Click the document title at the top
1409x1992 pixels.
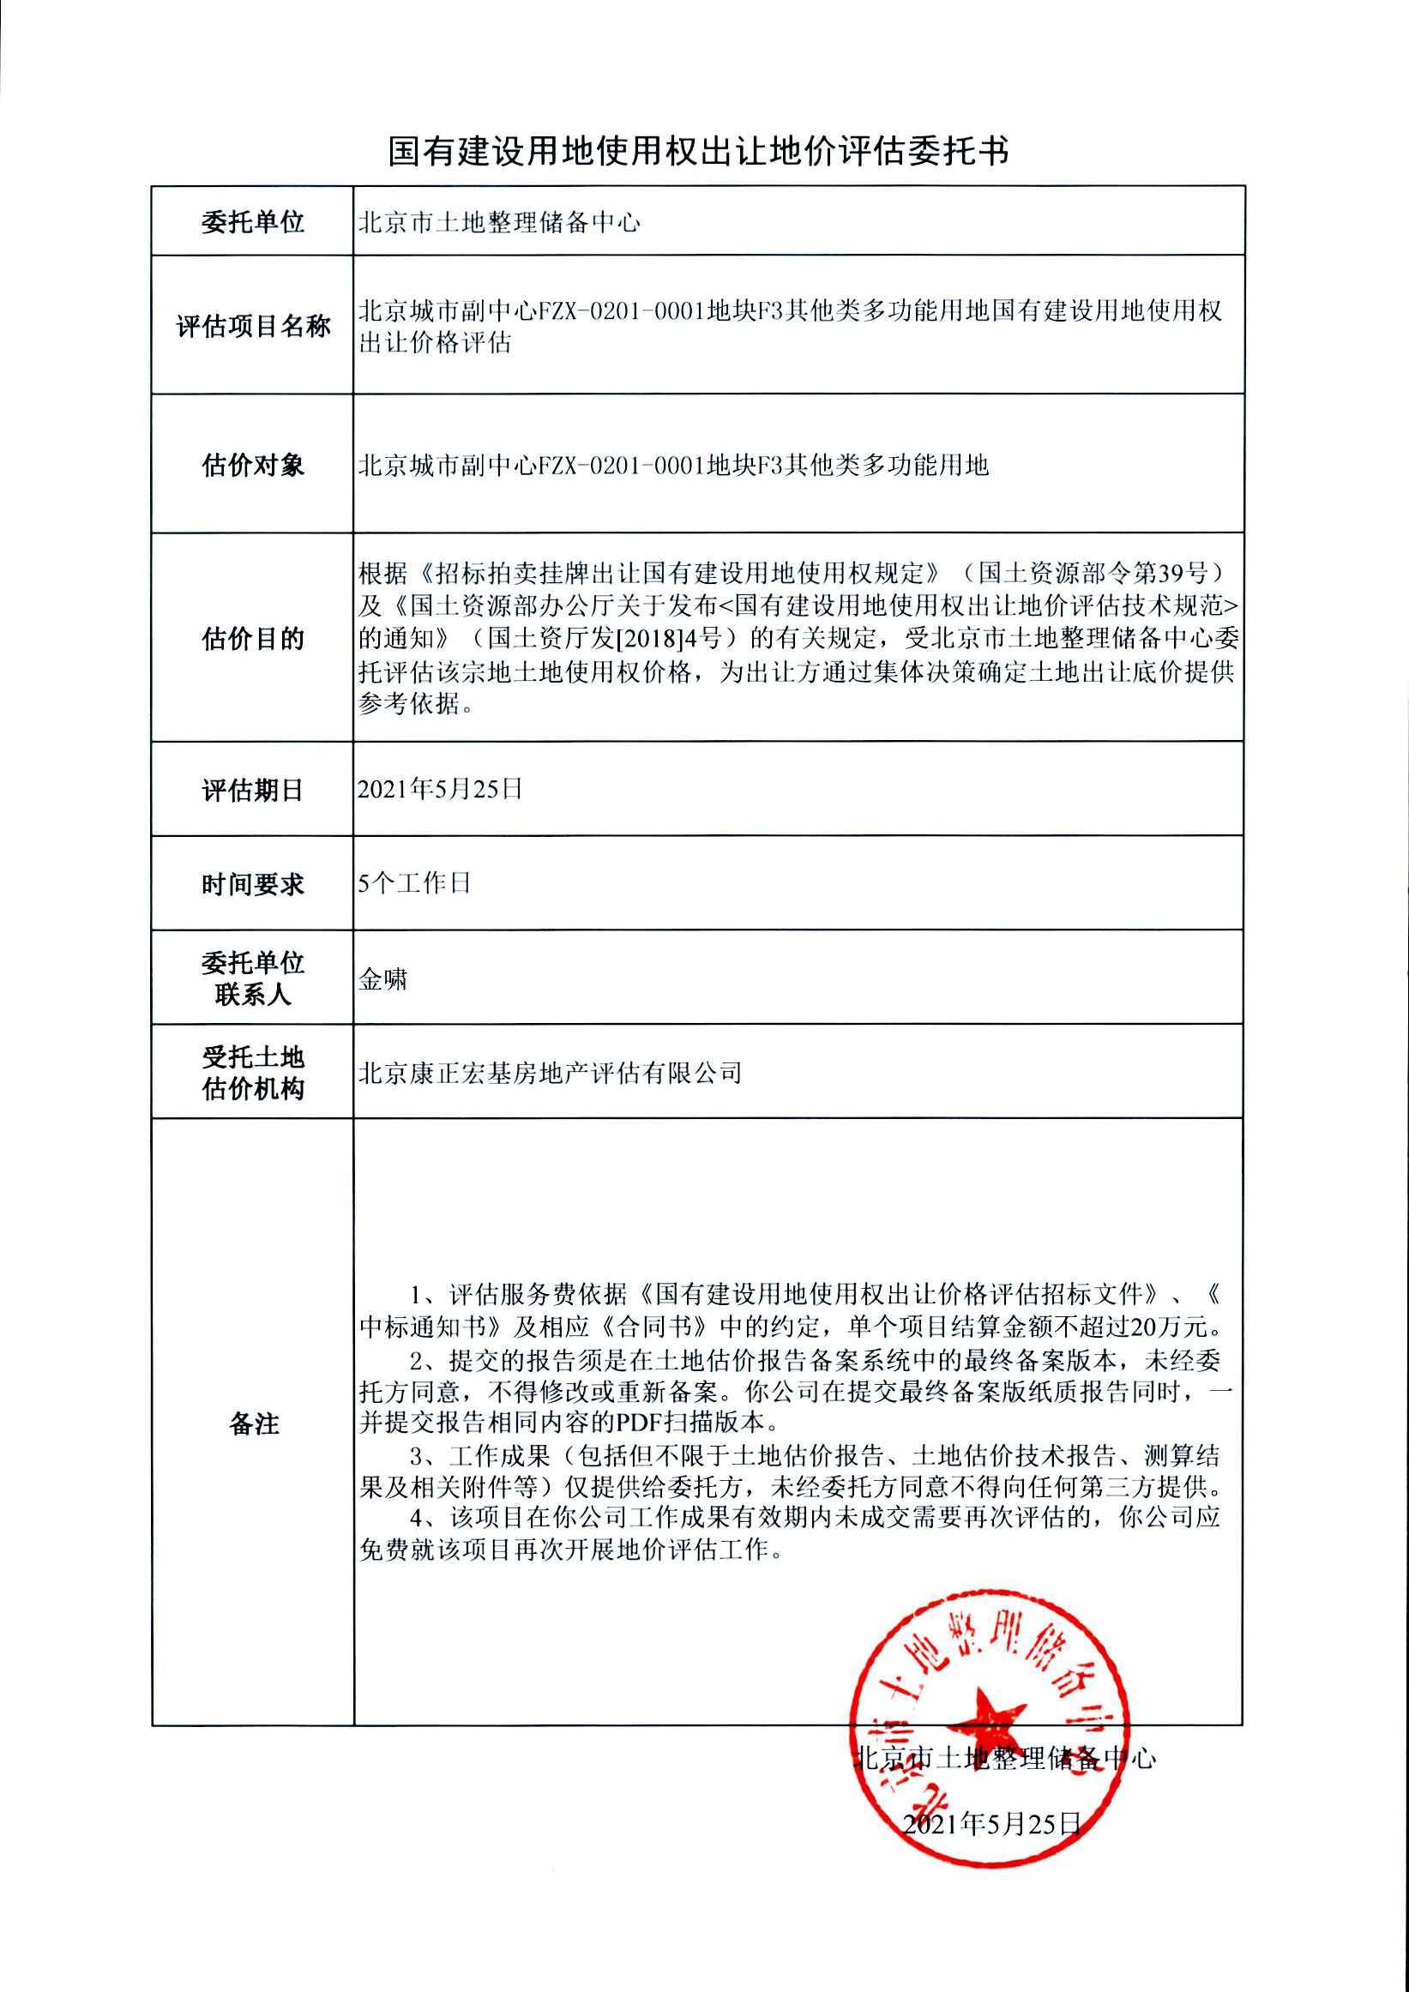(698, 152)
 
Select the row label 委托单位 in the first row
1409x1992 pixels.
(252, 222)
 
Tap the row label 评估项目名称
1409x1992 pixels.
(252, 326)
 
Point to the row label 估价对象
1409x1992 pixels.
(252, 465)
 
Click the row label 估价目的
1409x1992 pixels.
(252, 639)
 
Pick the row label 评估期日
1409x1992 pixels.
(252, 790)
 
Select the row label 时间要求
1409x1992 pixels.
(252, 884)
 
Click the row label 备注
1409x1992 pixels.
(253, 1423)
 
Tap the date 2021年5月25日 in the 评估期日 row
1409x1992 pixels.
(440, 789)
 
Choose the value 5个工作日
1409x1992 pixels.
(414, 883)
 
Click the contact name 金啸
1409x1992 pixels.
(382, 979)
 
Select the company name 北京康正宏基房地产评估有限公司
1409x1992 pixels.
(550, 1074)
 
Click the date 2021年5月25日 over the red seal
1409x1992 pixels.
(991, 1824)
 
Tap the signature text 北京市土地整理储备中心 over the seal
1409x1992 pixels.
(1005, 1759)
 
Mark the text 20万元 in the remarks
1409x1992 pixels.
(1170, 1327)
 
